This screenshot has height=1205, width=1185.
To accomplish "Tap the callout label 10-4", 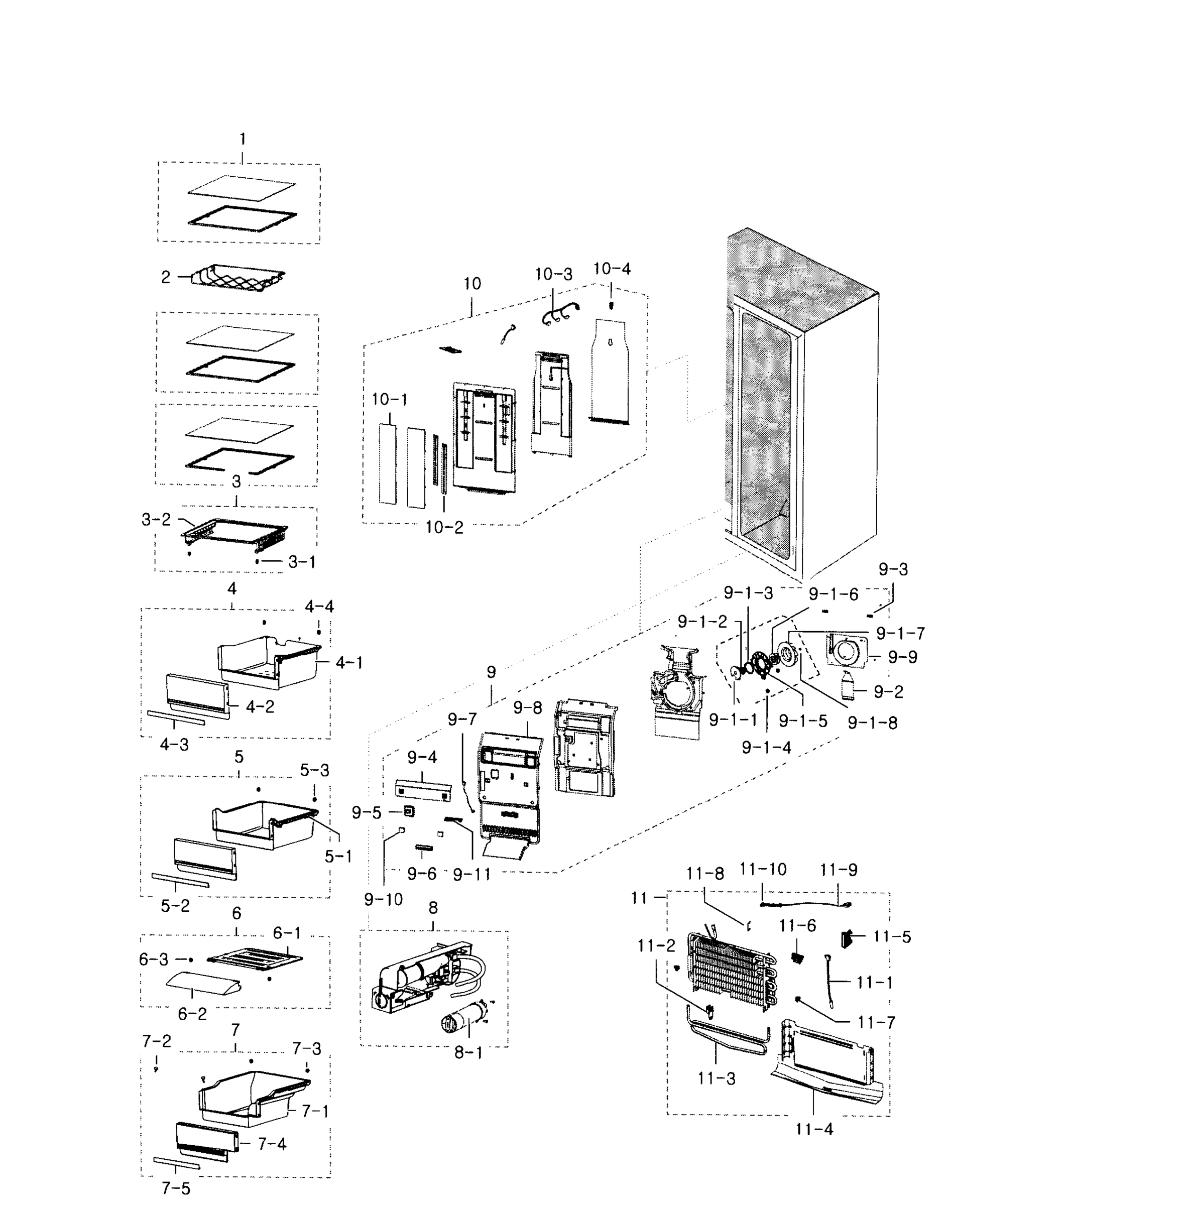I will [611, 269].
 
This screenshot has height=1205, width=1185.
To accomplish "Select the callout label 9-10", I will [384, 899].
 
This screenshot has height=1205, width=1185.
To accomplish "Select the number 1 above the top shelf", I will [242, 138].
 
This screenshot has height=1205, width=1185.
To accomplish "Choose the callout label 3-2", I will [156, 519].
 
